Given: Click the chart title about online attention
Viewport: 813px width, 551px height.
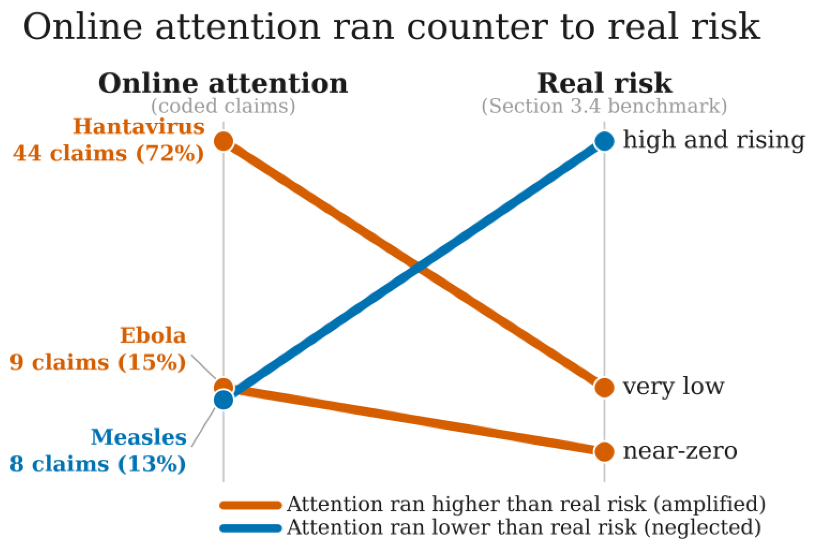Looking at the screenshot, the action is (x=392, y=26).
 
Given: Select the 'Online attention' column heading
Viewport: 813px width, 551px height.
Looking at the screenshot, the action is (x=223, y=83).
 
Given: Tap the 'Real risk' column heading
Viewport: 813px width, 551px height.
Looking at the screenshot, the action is (x=604, y=83).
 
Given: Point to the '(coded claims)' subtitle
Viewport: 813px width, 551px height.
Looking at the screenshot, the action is (x=223, y=106).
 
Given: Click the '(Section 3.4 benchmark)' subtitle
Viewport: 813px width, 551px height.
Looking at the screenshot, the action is (x=604, y=106).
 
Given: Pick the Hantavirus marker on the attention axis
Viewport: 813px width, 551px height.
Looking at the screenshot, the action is (x=223, y=141).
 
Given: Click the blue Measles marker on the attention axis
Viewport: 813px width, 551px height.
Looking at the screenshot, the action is (x=223, y=400).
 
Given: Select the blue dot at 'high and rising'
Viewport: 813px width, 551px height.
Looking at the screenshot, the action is (x=604, y=141).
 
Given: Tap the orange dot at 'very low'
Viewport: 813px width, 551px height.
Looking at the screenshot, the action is (x=604, y=387).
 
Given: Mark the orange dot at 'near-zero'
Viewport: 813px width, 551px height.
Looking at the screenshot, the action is (x=604, y=451).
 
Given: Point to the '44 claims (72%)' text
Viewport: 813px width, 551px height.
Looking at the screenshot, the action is (x=108, y=153).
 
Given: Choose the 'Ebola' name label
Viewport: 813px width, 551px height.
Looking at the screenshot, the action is (x=153, y=335).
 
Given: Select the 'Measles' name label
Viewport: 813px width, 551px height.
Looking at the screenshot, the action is (x=139, y=437).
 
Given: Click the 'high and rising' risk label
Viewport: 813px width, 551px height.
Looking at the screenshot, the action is (x=714, y=140).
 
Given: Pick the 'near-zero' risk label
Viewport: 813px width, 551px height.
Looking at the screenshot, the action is (x=680, y=451).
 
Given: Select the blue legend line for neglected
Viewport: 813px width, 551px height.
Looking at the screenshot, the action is (x=250, y=528).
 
